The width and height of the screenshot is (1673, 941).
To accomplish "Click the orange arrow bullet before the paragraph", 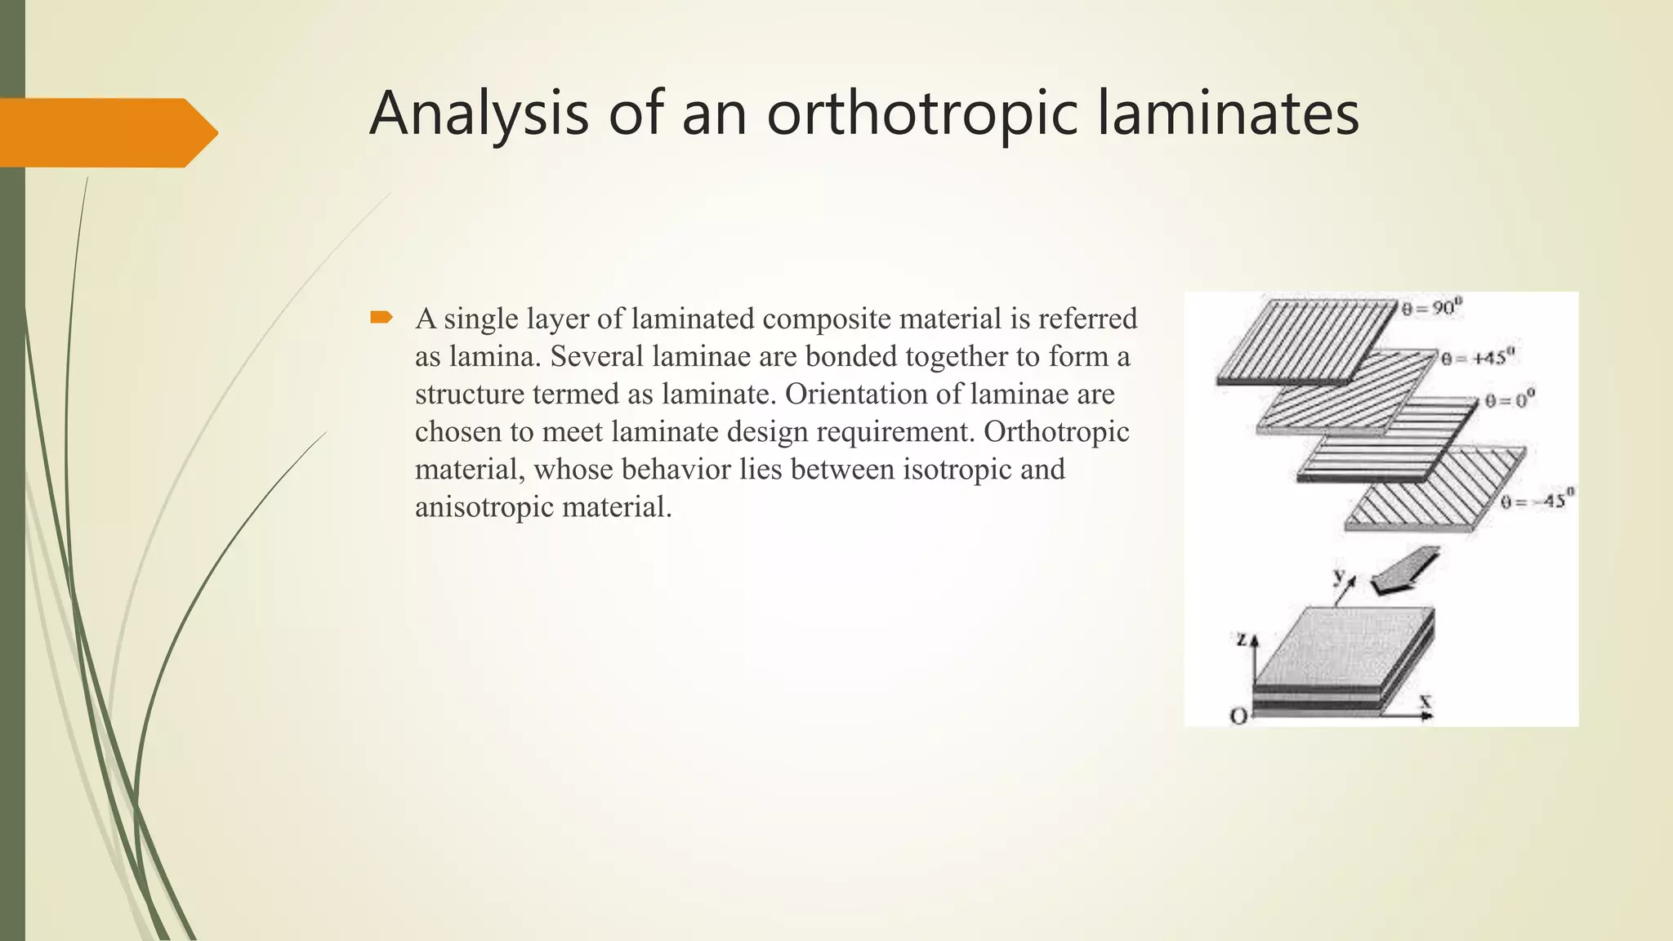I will coord(381,317).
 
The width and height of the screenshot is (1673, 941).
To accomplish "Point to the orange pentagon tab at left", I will coord(106,132).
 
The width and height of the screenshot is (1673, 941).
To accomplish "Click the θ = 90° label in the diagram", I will coord(1432,308).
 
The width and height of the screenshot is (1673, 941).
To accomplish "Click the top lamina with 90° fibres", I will coord(1307,339).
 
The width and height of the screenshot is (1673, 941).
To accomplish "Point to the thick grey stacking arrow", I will coord(1405,569).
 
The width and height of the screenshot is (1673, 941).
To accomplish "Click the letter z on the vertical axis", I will coord(1241,640).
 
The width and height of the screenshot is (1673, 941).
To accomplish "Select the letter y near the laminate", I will coord(1339,576).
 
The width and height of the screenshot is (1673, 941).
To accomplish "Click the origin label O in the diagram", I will coord(1238,716).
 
